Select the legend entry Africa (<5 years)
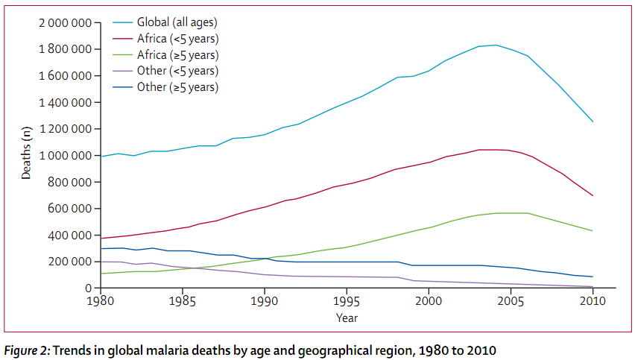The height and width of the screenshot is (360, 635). pos(177,38)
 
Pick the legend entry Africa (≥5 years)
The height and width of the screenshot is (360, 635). pos(177,54)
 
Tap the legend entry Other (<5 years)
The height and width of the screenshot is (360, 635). pos(177,71)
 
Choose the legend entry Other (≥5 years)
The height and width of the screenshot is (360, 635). pos(177,87)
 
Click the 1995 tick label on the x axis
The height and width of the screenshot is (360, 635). pos(346,303)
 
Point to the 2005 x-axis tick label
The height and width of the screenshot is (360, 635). pos(511,303)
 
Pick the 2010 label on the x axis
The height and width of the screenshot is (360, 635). pos(593,303)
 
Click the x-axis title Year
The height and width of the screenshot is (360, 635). pos(346,318)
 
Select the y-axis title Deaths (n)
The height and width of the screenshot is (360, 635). pos(27,153)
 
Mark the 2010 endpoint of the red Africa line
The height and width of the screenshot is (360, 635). pos(593,196)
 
